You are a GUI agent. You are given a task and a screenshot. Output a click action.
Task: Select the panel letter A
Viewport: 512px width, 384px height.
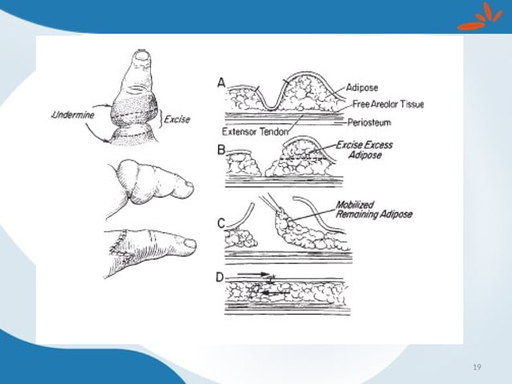pos(221,82)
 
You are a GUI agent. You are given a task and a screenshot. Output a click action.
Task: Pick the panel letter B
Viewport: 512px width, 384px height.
pos(221,149)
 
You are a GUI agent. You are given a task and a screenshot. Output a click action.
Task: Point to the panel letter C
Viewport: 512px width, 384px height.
pos(221,223)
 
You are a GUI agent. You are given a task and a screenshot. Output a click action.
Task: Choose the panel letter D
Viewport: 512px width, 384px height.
pos(221,278)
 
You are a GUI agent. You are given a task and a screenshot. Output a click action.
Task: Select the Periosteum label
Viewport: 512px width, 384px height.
pos(370,123)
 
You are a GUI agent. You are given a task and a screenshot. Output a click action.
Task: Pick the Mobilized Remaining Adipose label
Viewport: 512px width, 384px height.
pos(373,210)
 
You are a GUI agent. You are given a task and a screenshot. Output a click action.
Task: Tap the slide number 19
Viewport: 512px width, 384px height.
pos(477,367)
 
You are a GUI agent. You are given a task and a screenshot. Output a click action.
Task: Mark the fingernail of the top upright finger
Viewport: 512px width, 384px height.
pos(142,55)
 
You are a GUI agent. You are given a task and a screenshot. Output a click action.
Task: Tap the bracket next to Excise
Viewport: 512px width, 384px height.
pos(159,120)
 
